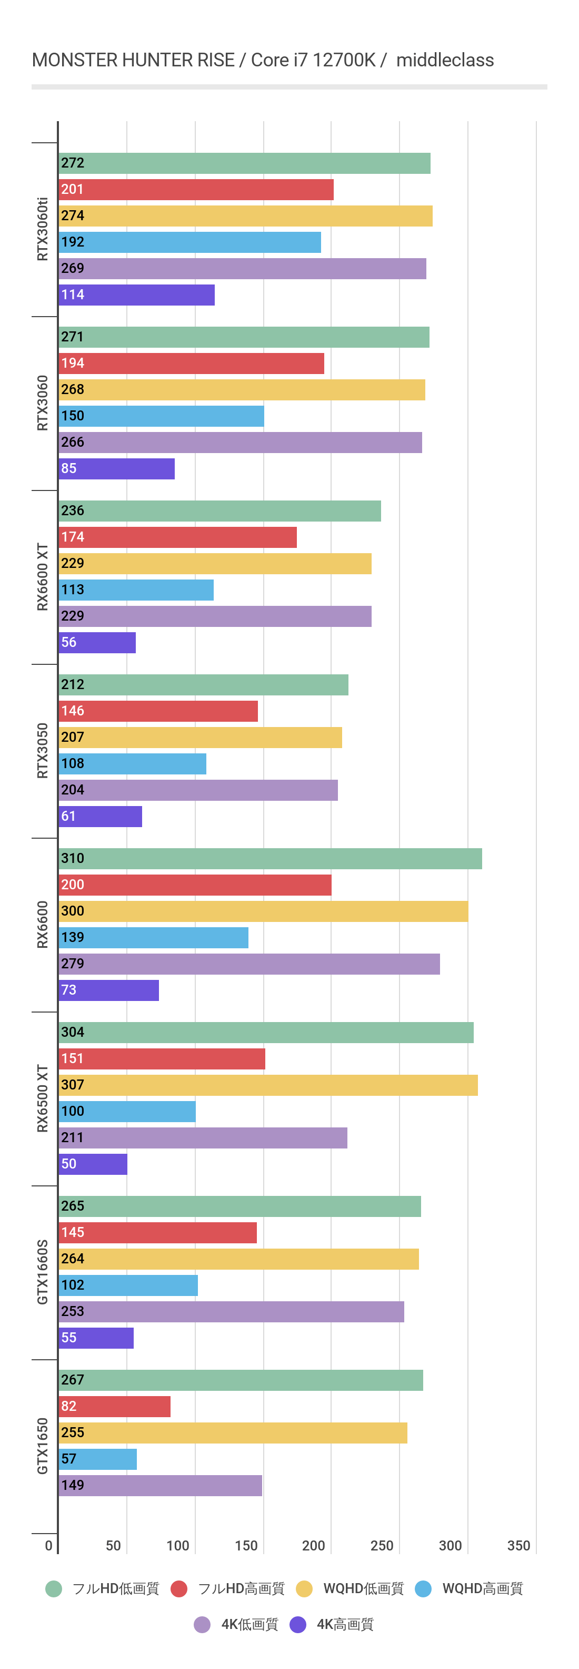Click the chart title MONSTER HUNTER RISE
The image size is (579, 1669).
pyautogui.click(x=133, y=60)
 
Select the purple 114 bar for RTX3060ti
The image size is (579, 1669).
pyautogui.click(x=137, y=295)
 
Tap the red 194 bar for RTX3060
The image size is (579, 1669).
pyautogui.click(x=191, y=364)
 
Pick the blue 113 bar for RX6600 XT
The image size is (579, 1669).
pyautogui.click(x=136, y=590)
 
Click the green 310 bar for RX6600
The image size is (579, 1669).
pyautogui.click(x=270, y=859)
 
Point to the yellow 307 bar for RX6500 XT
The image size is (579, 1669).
pyautogui.click(x=268, y=1085)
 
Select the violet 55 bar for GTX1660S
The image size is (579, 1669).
pyautogui.click(x=96, y=1338)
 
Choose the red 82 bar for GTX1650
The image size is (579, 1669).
pyautogui.click(x=115, y=1407)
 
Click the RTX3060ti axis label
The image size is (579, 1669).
pyautogui.click(x=43, y=229)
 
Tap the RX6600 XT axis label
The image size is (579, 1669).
pyautogui.click(x=43, y=577)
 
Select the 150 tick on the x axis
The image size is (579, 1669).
pyautogui.click(x=246, y=1545)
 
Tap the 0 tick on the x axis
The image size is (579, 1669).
pyautogui.click(x=48, y=1545)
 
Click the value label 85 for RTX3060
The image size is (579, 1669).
pyautogui.click(x=68, y=468)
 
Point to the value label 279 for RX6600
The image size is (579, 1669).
pyautogui.click(x=73, y=964)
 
